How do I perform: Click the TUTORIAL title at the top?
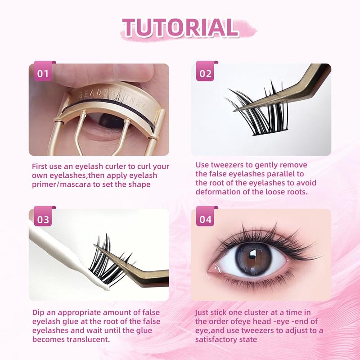coord(181,28)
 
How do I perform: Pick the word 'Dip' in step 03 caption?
coord(38,313)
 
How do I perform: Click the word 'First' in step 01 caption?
coord(40,166)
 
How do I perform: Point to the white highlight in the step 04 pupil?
coord(253,253)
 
